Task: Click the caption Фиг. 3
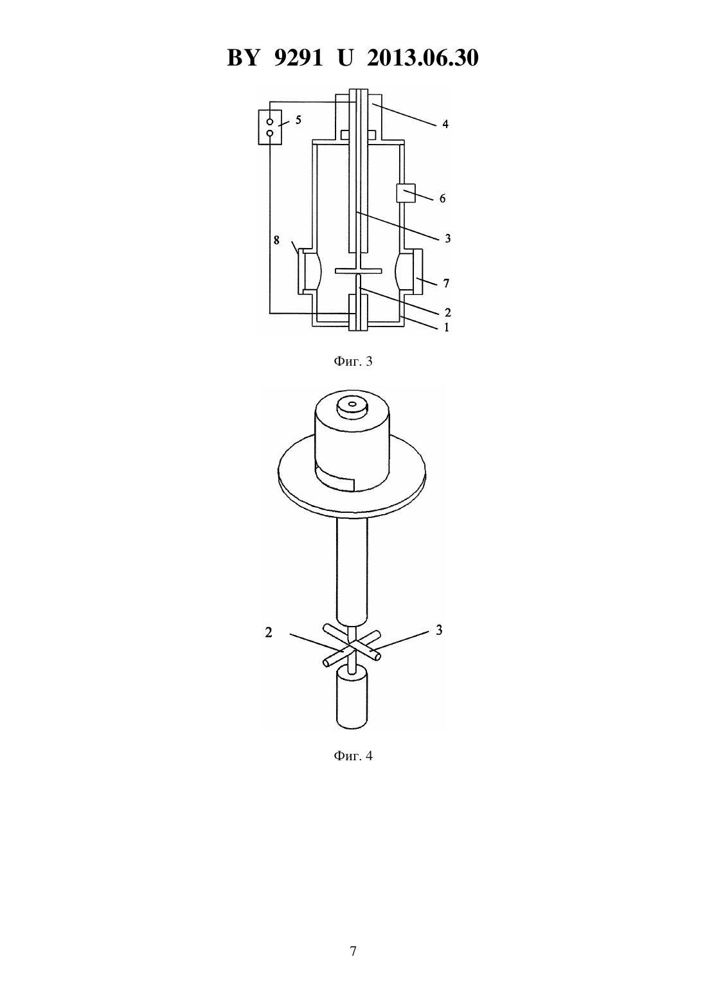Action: coord(353,362)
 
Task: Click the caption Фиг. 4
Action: coord(353,756)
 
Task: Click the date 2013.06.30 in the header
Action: coord(423,58)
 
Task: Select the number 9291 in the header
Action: coord(298,58)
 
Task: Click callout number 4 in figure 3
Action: coord(445,124)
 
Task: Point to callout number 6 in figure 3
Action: coord(442,198)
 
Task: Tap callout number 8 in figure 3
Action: coord(277,240)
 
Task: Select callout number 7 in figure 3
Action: coord(446,283)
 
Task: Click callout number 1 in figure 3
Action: coord(446,327)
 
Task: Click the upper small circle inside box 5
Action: coord(269,122)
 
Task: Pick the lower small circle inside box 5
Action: coord(269,133)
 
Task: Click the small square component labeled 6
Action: coord(406,193)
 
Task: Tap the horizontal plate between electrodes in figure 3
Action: coord(359,271)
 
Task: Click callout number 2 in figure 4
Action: coord(268,632)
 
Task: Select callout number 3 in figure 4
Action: coord(439,630)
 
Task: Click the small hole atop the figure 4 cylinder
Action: coord(352,404)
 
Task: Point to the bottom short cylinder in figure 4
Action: coord(352,704)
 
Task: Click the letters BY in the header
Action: coord(243,58)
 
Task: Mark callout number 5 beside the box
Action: coord(298,120)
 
